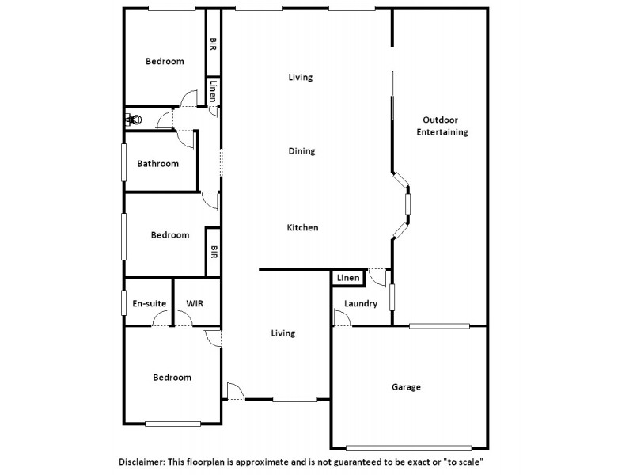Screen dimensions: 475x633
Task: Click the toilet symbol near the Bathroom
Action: [134, 120]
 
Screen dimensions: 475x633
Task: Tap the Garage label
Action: [406, 387]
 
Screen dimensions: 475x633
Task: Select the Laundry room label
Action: [361, 304]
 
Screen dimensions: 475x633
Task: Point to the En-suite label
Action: [148, 303]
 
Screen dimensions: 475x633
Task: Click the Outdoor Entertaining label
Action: [442, 126]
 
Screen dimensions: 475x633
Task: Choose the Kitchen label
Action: [302, 227]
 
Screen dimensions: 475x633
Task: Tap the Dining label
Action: [301, 151]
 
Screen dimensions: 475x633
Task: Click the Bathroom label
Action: [158, 164]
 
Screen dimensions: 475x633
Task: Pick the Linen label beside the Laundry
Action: [347, 278]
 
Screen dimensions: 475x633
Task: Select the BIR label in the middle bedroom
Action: [213, 253]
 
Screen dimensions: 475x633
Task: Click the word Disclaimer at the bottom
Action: [145, 460]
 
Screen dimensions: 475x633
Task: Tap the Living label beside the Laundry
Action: [282, 333]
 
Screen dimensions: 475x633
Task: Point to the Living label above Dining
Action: [300, 77]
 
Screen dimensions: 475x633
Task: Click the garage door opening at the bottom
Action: [409, 449]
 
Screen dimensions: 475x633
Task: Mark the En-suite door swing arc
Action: [161, 318]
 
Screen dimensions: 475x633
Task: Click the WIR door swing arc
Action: [184, 318]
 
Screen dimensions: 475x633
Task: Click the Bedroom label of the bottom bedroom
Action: [172, 378]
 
